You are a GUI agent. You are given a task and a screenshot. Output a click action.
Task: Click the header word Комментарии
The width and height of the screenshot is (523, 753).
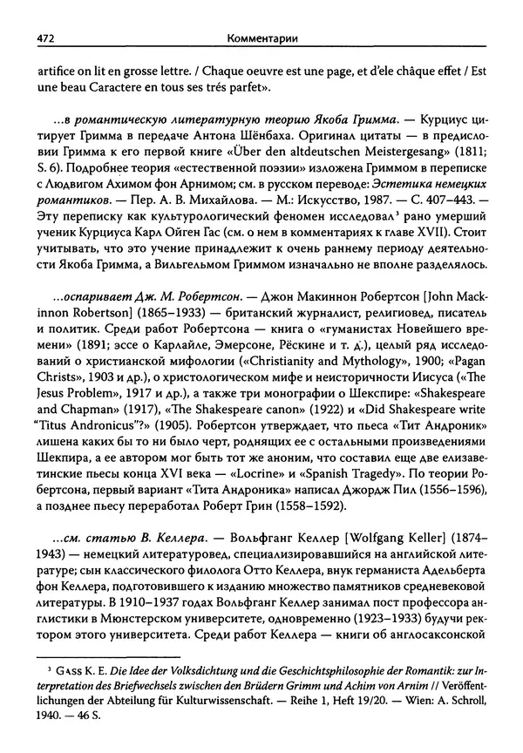tap(261, 37)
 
